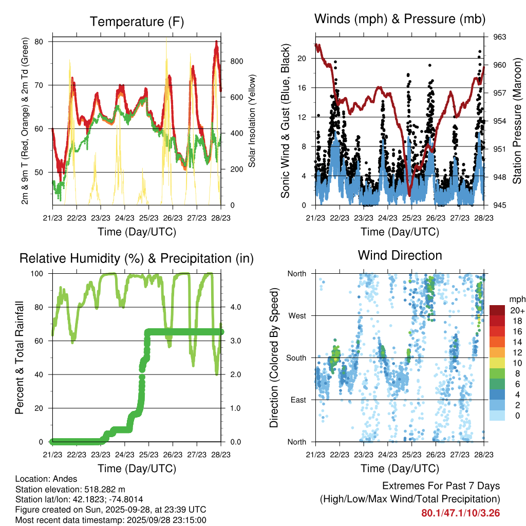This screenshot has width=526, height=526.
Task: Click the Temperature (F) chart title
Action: [x=137, y=22]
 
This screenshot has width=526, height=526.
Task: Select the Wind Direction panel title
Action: [x=400, y=255]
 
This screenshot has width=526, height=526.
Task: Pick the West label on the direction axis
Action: [x=297, y=315]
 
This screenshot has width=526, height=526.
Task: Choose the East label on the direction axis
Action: [x=298, y=400]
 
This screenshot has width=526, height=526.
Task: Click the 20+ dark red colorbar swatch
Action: [x=498, y=310]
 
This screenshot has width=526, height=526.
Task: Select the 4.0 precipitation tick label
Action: [x=235, y=307]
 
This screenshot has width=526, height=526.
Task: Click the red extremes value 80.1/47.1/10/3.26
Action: [x=461, y=513]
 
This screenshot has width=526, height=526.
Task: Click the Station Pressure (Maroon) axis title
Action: [x=517, y=121]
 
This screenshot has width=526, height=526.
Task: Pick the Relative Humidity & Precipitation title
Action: [x=137, y=258]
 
